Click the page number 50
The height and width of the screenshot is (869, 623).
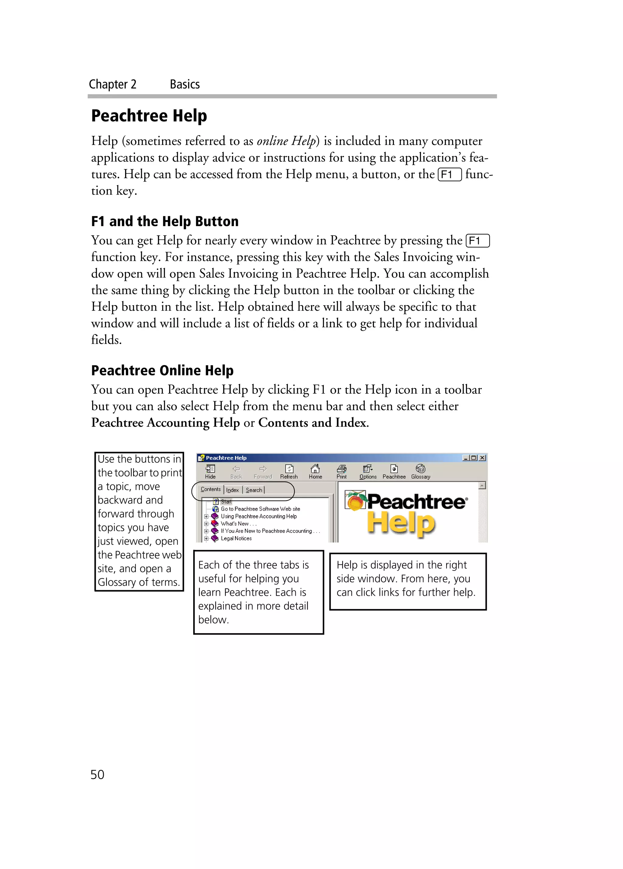coord(97,774)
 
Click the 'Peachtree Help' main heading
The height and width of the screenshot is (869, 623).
coord(149,116)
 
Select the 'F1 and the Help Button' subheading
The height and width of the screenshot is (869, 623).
coord(165,222)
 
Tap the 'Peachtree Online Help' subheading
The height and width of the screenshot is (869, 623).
coord(162,371)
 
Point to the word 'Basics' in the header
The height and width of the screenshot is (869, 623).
coord(184,84)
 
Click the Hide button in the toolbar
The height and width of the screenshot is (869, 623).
coord(210,472)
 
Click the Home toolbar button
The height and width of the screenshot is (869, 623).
coord(315,472)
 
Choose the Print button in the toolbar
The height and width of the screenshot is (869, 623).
coord(341,472)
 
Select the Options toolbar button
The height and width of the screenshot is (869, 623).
coord(368,472)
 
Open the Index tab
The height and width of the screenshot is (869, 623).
coord(232,490)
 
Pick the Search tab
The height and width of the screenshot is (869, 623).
coord(254,490)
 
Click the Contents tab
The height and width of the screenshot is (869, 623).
coord(211,489)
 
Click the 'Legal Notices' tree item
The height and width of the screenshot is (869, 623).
coord(236,538)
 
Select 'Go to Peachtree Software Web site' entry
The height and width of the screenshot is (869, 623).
coord(260,509)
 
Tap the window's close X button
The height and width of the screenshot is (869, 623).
coord(482,458)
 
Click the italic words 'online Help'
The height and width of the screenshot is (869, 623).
coord(286,141)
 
